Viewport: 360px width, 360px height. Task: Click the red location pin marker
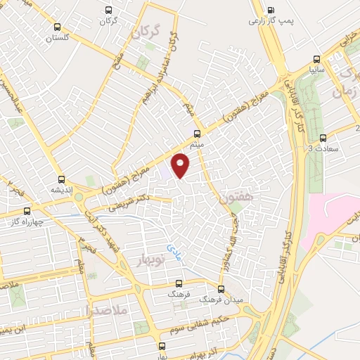tap(181, 165)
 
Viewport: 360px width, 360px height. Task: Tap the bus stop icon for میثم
tap(198, 132)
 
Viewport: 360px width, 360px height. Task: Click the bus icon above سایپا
tap(317, 60)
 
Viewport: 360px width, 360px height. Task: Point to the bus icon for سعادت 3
tap(323, 137)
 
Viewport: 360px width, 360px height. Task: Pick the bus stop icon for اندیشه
tap(62, 179)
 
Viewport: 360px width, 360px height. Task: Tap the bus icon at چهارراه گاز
tap(27, 210)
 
